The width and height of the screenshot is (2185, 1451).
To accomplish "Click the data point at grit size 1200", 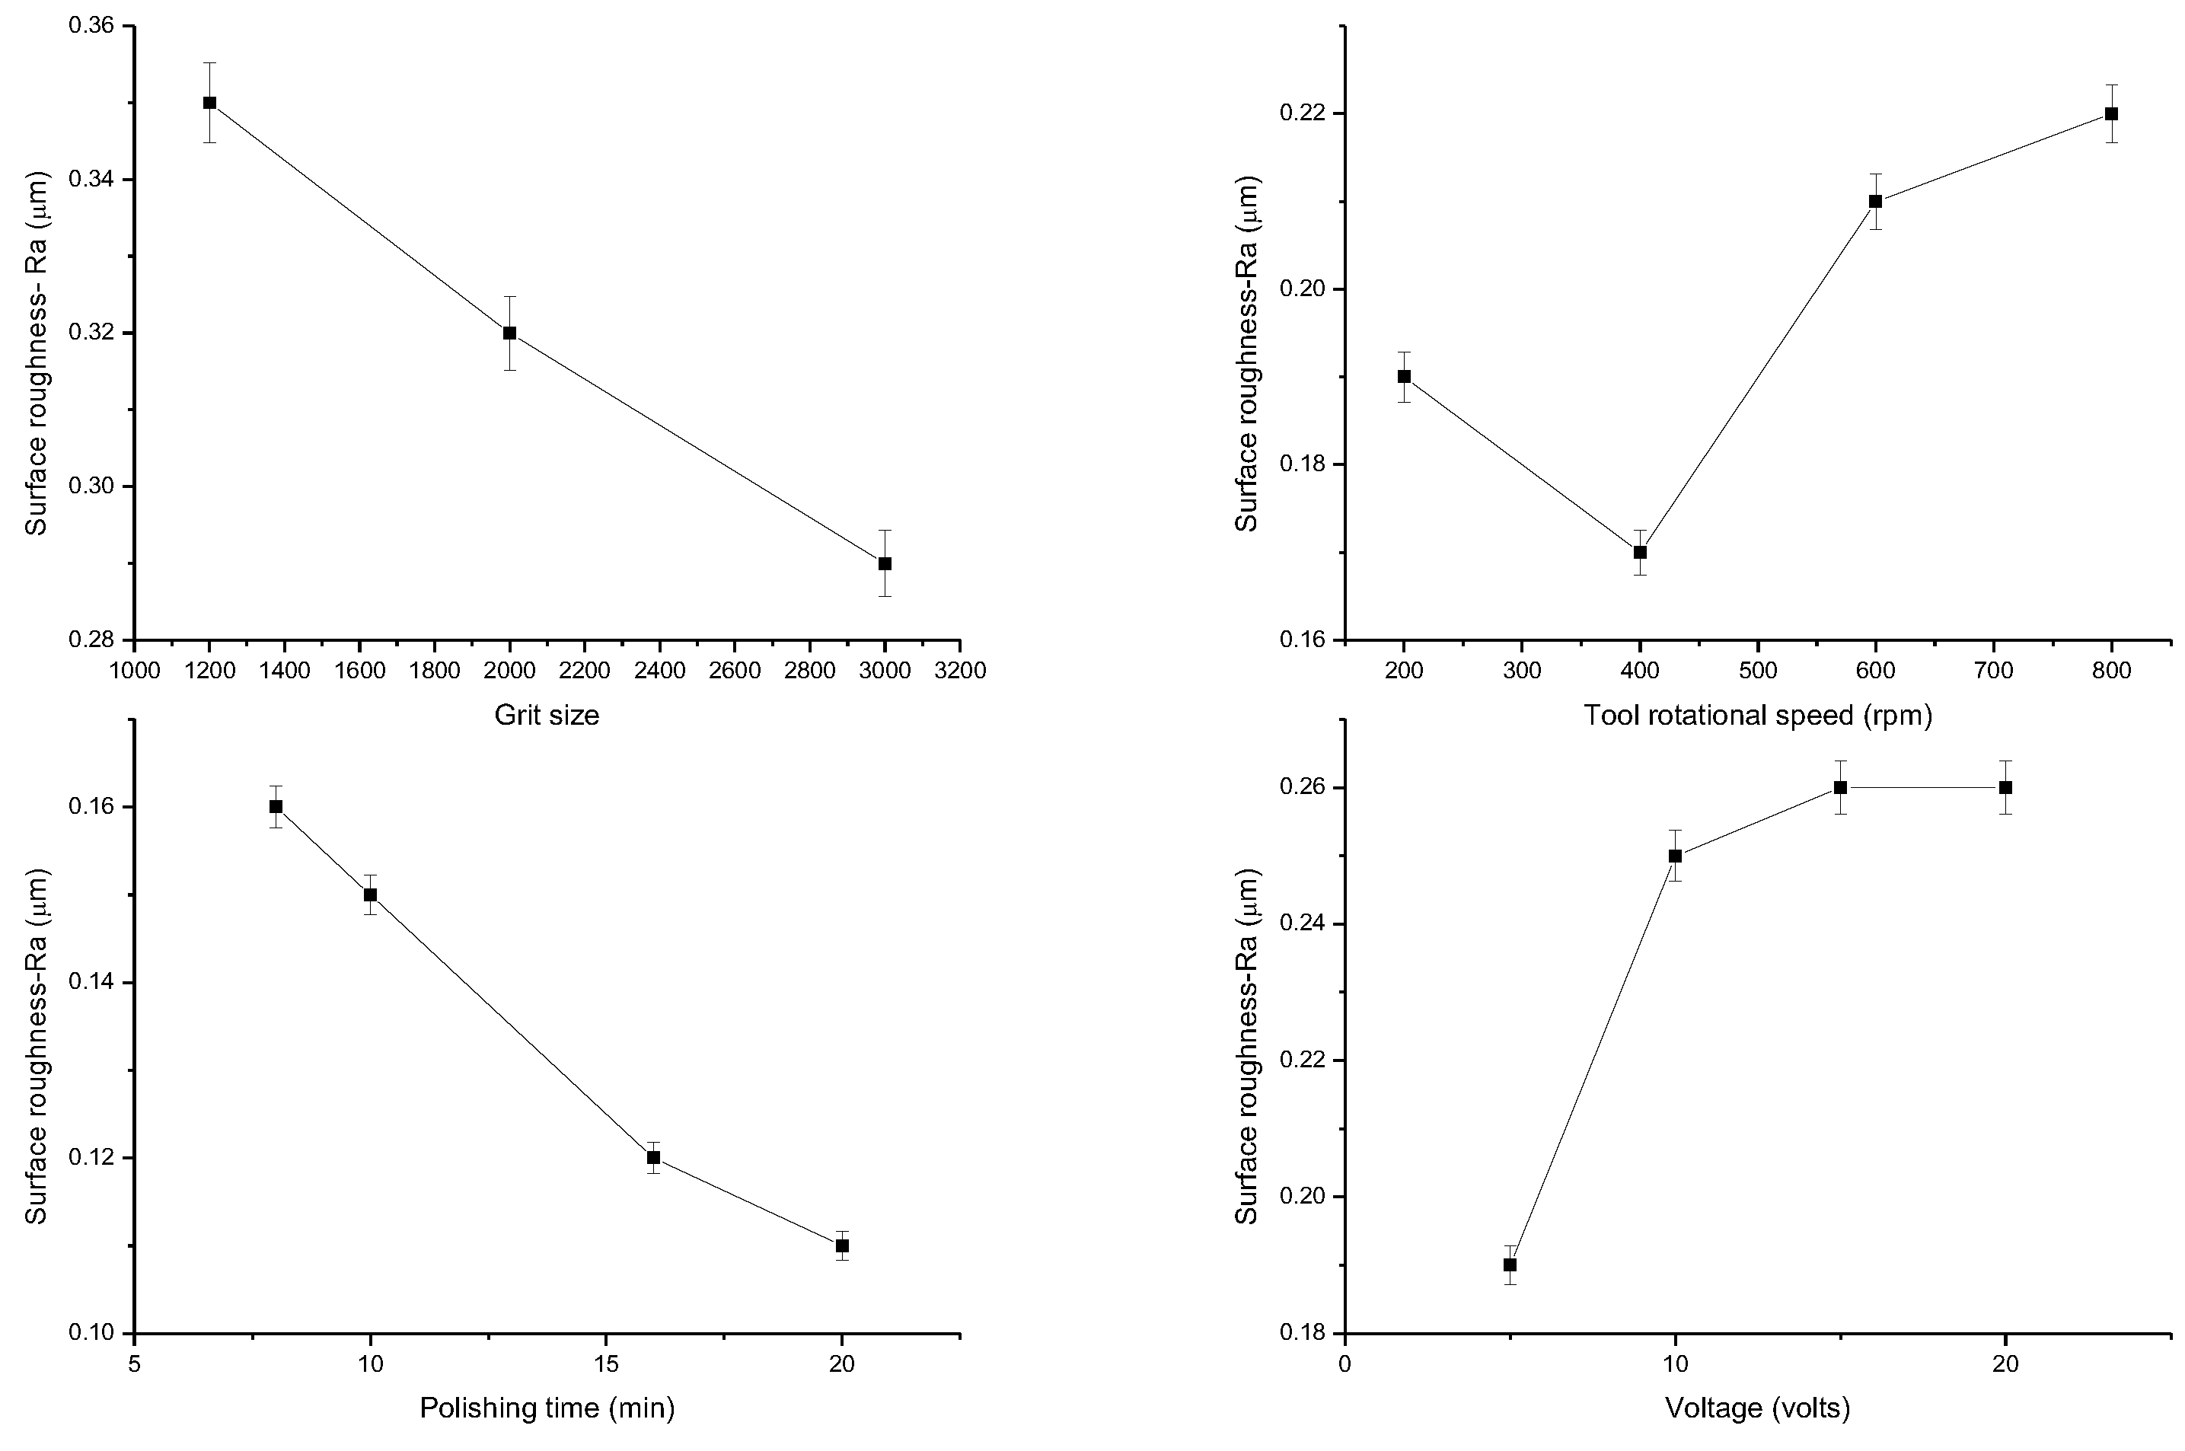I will coord(210,103).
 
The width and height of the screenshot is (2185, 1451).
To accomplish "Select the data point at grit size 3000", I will coord(885,563).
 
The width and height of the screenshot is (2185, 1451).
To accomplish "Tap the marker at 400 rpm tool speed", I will coord(1640,553).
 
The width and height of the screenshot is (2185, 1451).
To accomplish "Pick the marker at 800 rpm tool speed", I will coord(2112,114).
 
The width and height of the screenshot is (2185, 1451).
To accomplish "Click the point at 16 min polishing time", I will coord(653,1158).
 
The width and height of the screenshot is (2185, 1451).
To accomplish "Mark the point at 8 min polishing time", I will coord(276,806).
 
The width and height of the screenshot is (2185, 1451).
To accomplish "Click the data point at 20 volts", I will coord(2005,787).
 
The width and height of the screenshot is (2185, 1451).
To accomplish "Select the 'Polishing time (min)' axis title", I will coord(547,1408).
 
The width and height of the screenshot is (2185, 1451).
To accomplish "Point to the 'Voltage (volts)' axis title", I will coord(1757,1408).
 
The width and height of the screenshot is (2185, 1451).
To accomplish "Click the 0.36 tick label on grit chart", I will coord(91,26).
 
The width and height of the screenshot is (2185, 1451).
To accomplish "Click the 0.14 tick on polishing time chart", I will coord(91,982).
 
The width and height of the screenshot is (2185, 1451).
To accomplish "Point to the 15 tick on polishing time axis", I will coord(606,1364).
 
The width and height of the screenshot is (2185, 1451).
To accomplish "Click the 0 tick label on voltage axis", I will coord(1344,1364).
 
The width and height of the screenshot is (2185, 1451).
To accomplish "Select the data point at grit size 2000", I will coord(510,333).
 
